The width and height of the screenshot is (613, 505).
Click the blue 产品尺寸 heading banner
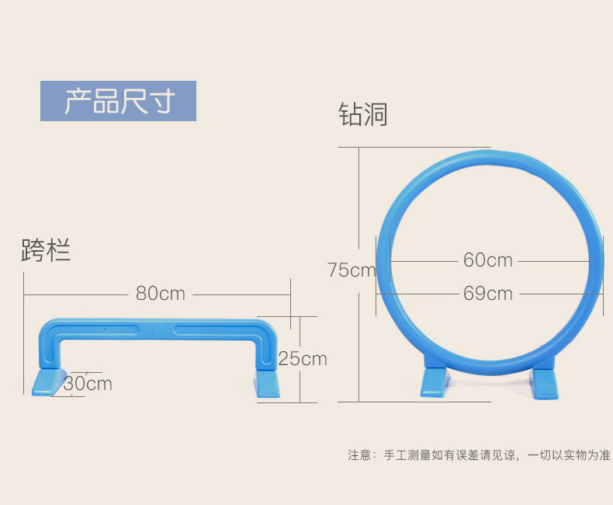click(x=118, y=101)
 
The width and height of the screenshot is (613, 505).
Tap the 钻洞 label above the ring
click(x=362, y=115)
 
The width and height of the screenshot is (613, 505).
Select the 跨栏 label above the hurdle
click(x=47, y=250)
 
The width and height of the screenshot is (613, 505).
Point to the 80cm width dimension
click(x=161, y=294)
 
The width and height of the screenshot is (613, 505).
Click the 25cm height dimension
click(x=303, y=359)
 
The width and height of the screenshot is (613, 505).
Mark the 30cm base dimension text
click(x=88, y=384)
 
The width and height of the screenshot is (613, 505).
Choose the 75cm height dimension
click(x=351, y=270)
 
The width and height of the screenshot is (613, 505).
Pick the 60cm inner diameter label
click(x=488, y=259)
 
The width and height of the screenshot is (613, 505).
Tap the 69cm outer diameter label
click(x=488, y=294)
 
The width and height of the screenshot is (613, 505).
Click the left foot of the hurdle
click(x=50, y=381)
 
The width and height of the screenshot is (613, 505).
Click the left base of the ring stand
click(x=434, y=383)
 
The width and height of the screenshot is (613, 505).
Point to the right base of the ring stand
click(x=544, y=383)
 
